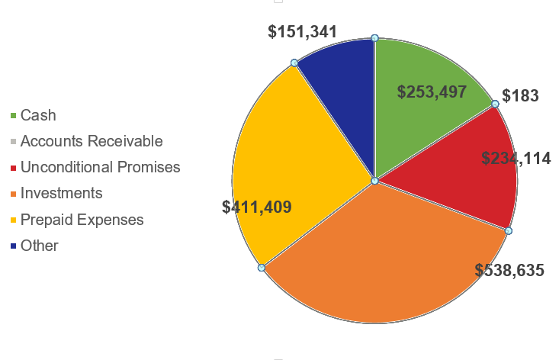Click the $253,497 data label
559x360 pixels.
click(432, 92)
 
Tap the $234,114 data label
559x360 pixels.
click(516, 159)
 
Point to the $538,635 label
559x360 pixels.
click(509, 270)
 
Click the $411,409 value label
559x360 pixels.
click(256, 207)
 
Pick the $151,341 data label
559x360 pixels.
click(303, 31)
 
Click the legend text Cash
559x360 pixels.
click(38, 116)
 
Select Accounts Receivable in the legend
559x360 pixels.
click(92, 141)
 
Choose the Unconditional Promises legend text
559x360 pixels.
click(100, 167)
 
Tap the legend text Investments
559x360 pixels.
click(61, 193)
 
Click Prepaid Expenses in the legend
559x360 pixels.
click(82, 220)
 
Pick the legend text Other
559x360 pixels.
click(40, 246)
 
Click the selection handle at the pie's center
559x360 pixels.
click(374, 181)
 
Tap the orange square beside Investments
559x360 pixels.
click(13, 194)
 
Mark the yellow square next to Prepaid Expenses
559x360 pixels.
click(13, 220)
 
